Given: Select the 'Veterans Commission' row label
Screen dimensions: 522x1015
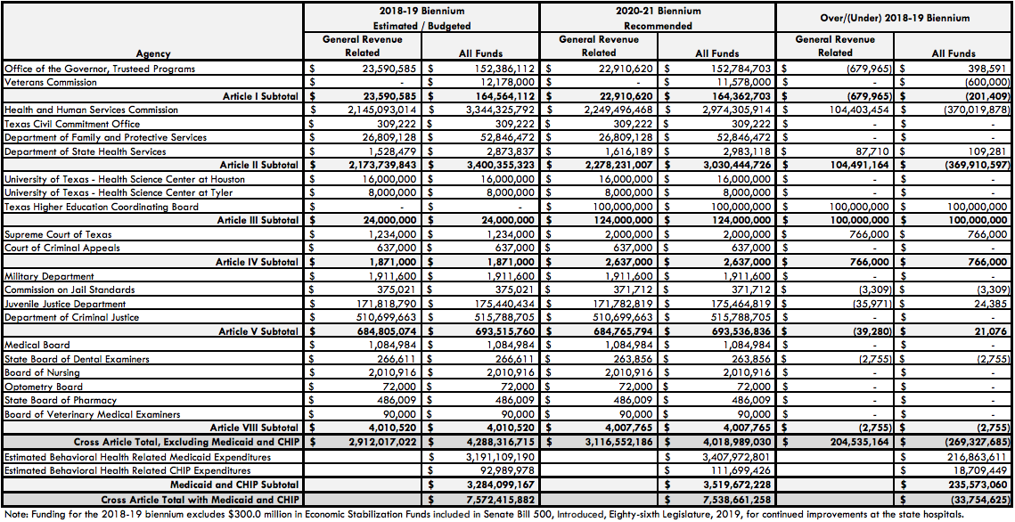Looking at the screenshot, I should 51,82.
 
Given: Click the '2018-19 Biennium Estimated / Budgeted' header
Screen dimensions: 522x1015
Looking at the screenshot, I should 422,19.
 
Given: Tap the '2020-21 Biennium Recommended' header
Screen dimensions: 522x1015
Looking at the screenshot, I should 658,19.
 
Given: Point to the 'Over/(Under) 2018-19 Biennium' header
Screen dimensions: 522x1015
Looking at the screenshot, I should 894,18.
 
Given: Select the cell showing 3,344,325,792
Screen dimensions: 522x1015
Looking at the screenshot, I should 493,110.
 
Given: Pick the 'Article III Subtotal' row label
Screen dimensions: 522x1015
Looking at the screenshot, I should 258,220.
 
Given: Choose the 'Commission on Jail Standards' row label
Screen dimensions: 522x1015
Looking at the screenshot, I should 70,290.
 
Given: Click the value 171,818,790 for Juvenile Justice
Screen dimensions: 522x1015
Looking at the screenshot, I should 375,304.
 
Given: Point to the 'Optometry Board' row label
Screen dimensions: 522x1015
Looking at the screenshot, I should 44,387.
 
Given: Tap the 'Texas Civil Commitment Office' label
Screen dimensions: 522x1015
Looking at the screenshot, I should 72,124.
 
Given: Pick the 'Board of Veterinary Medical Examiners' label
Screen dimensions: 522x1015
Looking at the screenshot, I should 93,414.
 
